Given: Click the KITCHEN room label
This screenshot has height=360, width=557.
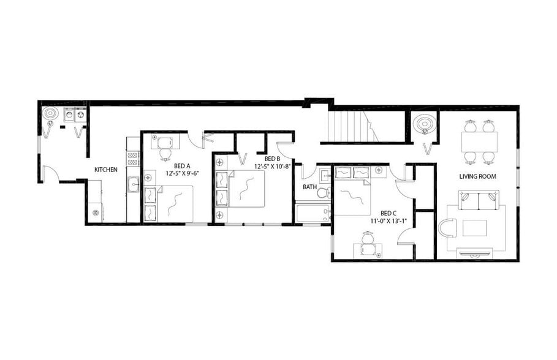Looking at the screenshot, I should pos(106,170).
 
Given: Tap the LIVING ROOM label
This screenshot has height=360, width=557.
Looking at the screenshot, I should pos(478,176).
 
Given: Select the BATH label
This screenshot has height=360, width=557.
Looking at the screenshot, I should pos(309,187).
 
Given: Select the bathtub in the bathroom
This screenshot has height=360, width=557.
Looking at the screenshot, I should pos(313,213).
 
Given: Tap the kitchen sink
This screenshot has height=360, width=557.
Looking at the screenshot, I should pos(133,184).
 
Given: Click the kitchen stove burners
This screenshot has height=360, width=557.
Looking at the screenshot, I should pos(133,158).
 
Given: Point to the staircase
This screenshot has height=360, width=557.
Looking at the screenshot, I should pos(350,126).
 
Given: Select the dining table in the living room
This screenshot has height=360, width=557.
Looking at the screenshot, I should pos(479,142).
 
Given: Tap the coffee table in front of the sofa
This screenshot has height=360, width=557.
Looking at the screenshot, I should pos(474,228).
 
